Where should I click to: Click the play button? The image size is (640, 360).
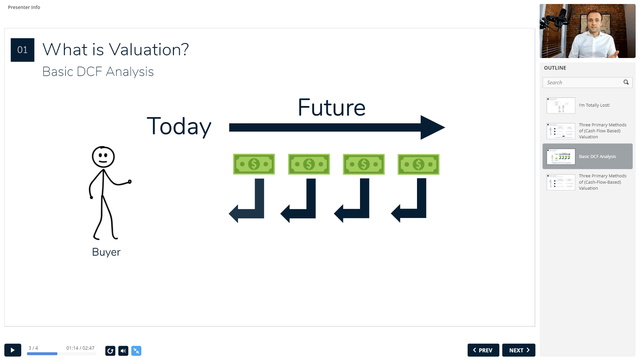pyautogui.click(x=13, y=350)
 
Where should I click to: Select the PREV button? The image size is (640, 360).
pyautogui.click(x=483, y=350)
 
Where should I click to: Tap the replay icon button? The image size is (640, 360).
pyautogui.click(x=110, y=351)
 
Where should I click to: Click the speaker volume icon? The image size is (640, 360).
pyautogui.click(x=123, y=351)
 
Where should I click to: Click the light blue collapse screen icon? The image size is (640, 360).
pyautogui.click(x=136, y=351)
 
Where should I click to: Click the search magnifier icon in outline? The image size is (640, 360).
pyautogui.click(x=626, y=82)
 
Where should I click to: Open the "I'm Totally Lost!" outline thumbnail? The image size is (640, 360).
pyautogui.click(x=561, y=105)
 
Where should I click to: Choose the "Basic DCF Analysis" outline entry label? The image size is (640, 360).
pyautogui.click(x=597, y=156)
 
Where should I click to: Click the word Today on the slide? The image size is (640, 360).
pyautogui.click(x=179, y=127)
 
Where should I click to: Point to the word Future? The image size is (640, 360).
pyautogui.click(x=332, y=107)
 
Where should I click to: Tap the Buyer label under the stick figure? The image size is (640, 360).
pyautogui.click(x=106, y=252)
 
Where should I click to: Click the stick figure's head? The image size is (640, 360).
pyautogui.click(x=103, y=157)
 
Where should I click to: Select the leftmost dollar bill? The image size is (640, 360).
pyautogui.click(x=254, y=164)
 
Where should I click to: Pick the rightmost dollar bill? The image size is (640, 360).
pyautogui.click(x=418, y=164)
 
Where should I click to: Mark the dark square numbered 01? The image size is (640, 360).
pyautogui.click(x=22, y=50)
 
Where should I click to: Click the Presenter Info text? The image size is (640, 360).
pyautogui.click(x=24, y=7)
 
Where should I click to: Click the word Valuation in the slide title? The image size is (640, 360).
pyautogui.click(x=149, y=50)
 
